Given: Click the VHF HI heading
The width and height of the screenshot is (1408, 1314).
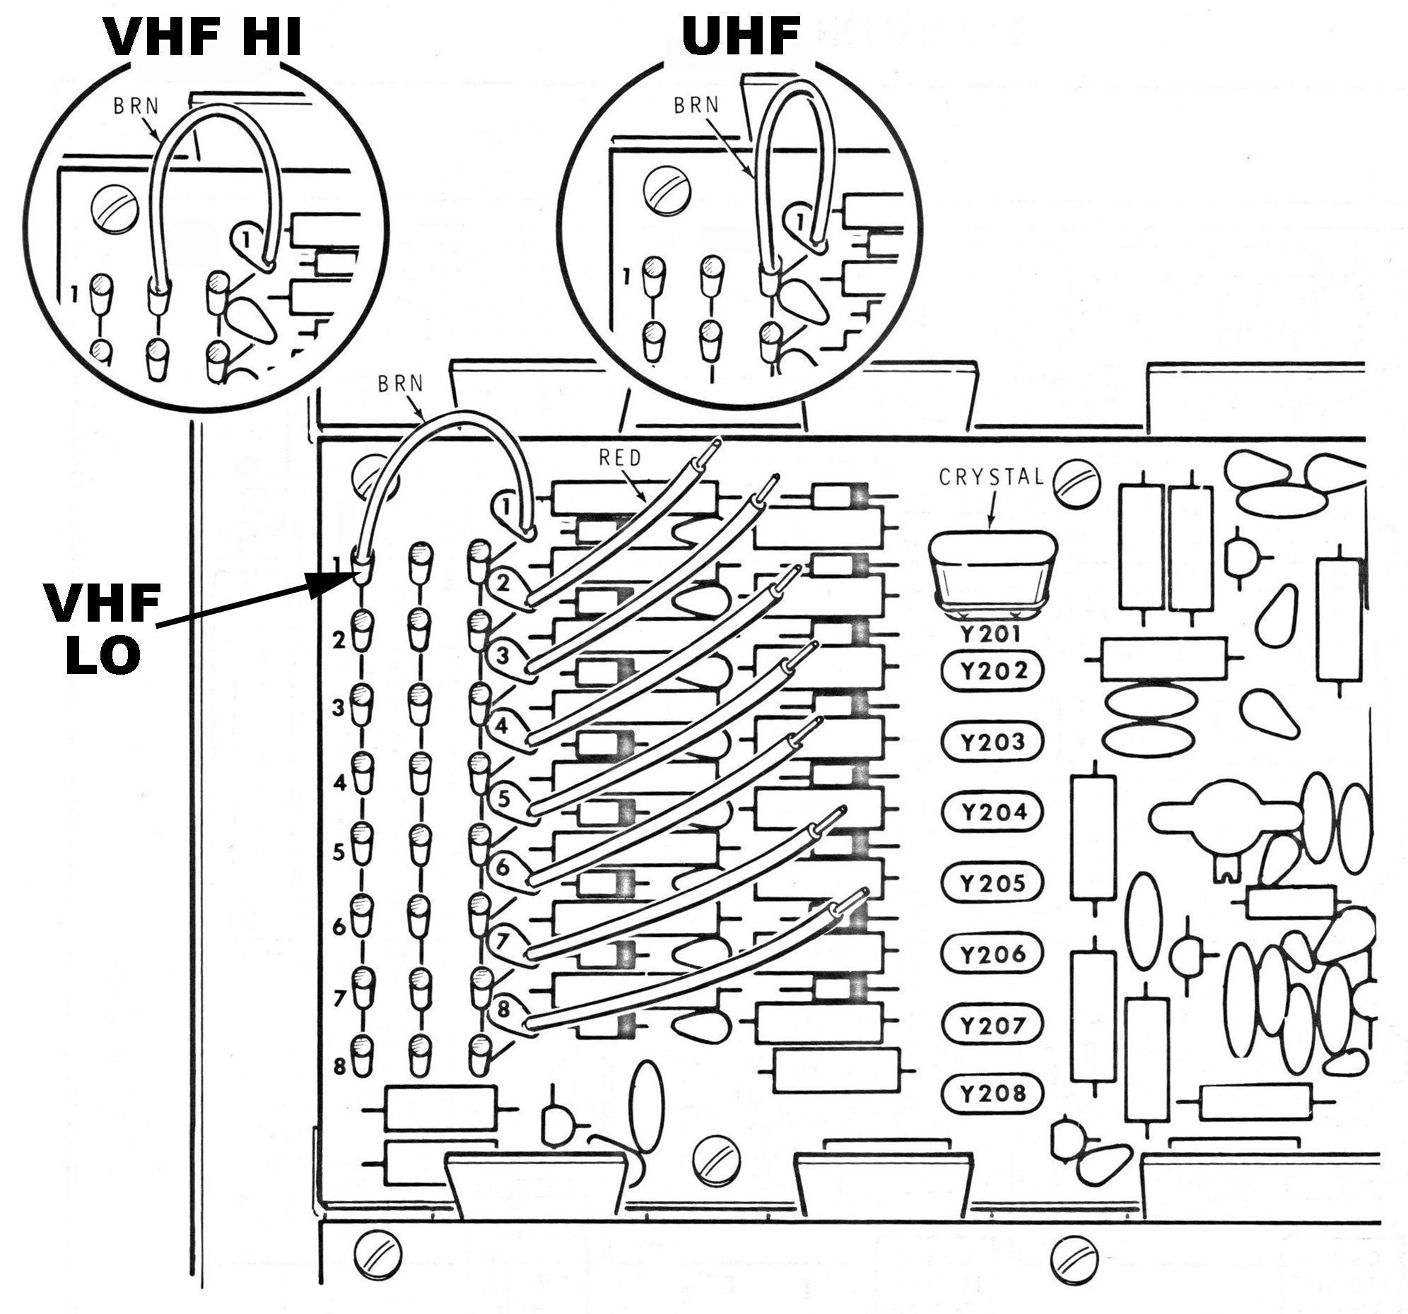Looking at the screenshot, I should (204, 37).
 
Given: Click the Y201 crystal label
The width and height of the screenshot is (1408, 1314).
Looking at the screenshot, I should (990, 634).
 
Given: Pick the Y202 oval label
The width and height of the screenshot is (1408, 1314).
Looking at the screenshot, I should (992, 670).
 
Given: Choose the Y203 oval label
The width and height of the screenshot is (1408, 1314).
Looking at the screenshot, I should (992, 741).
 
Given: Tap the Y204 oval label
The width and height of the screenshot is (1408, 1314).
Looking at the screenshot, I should (992, 812).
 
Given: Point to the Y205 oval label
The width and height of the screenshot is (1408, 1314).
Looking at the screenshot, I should (992, 883).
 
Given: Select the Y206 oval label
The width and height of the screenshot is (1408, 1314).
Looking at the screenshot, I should (992, 954).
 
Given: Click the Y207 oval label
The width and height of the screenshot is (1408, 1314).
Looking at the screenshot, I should (992, 1024).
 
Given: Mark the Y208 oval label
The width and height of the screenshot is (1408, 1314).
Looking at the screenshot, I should (992, 1094).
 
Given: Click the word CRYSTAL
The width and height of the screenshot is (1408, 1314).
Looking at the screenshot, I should (992, 477).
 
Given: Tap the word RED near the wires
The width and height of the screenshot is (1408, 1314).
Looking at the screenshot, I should (620, 458).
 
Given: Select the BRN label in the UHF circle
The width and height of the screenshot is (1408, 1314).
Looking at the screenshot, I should (696, 105).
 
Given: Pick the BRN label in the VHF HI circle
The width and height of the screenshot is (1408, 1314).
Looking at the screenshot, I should (136, 107).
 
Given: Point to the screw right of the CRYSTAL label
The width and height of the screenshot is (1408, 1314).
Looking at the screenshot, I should (1074, 481).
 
